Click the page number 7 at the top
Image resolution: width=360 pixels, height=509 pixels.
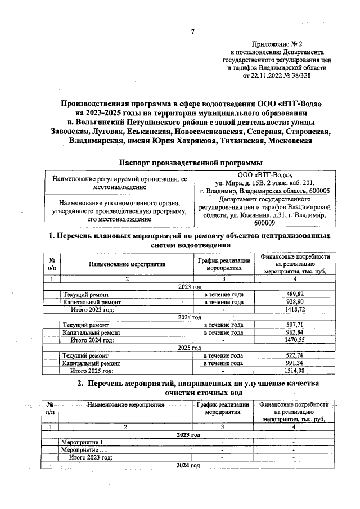point(193,31)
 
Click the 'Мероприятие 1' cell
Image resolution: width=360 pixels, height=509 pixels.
point(82,442)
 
